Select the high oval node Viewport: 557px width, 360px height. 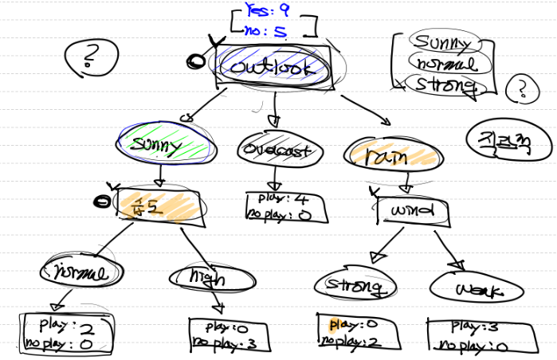pos(199,278)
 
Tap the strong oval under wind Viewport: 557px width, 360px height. pos(355,284)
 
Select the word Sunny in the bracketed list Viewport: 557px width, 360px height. pos(442,42)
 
